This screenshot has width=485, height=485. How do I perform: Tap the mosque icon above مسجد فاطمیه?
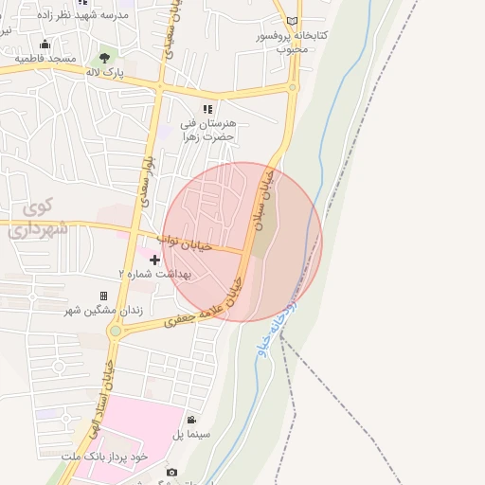click(45, 44)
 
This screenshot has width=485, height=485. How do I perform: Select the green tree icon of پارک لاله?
click(104, 58)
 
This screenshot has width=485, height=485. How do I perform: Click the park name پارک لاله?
click(106, 72)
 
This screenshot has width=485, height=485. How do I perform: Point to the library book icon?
click(292, 21)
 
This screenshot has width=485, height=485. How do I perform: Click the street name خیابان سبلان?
click(266, 194)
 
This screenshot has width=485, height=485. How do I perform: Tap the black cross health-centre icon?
click(154, 260)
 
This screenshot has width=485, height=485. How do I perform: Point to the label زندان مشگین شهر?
click(104, 310)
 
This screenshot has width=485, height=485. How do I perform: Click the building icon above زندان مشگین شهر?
click(104, 296)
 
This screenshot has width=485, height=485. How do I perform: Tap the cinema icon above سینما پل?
click(191, 420)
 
